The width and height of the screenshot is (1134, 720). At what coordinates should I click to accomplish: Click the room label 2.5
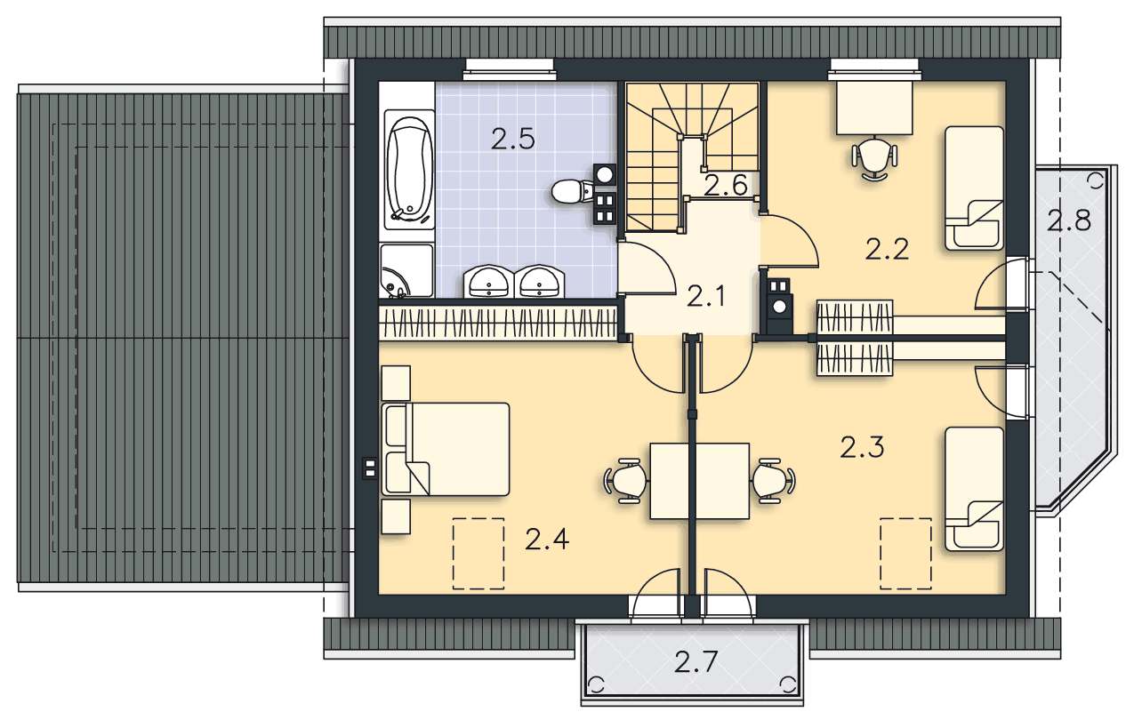pos(513,140)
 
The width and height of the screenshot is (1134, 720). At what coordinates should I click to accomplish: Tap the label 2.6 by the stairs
pos(726,185)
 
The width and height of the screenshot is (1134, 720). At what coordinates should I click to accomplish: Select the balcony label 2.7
pos(696,662)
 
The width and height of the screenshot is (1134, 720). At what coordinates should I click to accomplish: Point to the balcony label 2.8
pos(1069,221)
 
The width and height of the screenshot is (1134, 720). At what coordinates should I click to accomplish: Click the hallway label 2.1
pos(706,297)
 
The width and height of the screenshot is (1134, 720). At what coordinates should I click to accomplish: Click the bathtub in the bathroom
pos(409,170)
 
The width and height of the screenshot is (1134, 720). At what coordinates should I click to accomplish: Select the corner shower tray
pos(406,271)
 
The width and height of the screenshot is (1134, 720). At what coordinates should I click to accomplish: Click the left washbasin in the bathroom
pos(489,281)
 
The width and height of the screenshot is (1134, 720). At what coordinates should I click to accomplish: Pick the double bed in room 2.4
pos(446,449)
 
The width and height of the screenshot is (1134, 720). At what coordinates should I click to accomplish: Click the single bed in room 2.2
pos(975,188)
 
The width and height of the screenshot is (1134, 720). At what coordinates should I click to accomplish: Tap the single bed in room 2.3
pos(975,489)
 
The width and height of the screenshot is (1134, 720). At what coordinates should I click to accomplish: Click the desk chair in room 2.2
pos(874,158)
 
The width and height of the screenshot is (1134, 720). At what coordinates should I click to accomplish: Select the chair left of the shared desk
pos(627,481)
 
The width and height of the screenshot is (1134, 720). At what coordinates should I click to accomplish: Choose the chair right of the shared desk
pos(773,481)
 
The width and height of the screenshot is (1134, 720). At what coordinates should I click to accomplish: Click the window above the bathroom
pos(510,69)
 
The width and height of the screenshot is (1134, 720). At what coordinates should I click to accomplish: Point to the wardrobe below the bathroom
pos(498,323)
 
